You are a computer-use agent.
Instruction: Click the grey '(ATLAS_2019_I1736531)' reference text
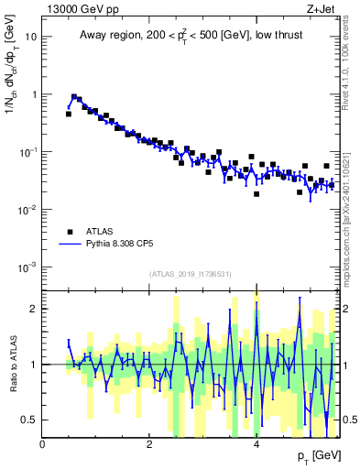click(191, 274)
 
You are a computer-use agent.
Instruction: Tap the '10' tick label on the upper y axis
click(31, 38)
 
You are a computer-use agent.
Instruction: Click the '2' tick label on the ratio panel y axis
click(34, 309)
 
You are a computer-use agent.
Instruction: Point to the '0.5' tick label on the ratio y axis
click(30, 420)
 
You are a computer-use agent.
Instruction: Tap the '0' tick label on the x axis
click(42, 444)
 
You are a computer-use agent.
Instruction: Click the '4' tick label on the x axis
click(256, 444)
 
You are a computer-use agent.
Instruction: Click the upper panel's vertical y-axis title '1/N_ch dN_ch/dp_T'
click(12, 87)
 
